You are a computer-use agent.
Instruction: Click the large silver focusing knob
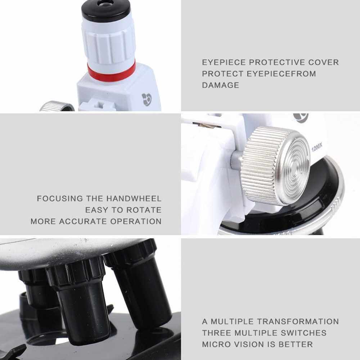pyautogui.click(x=275, y=165)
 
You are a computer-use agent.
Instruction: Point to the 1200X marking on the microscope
pyautogui.click(x=317, y=147)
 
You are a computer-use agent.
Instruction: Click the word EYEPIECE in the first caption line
pyautogui.click(x=224, y=62)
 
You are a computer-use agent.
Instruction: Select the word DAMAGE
pyautogui.click(x=220, y=85)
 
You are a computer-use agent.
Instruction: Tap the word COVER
pyautogui.click(x=324, y=62)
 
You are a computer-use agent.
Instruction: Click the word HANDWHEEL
pyautogui.click(x=134, y=198)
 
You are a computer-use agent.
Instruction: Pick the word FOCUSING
pyautogui.click(x=60, y=198)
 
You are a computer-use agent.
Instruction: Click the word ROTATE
pyautogui.click(x=144, y=210)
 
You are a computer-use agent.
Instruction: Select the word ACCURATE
pyautogui.click(x=84, y=221)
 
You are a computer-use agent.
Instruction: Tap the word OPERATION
pyautogui.click(x=136, y=221)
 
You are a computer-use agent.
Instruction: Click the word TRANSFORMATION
pyautogui.click(x=298, y=321)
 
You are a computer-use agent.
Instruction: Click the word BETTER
pyautogui.click(x=296, y=345)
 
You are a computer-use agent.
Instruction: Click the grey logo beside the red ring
pyautogui.click(x=147, y=99)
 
